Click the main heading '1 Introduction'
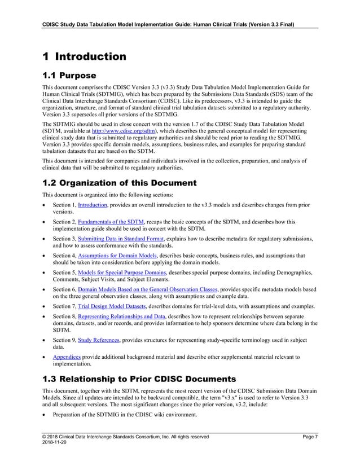(84, 56)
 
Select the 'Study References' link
(99, 341)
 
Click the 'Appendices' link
(67, 357)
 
